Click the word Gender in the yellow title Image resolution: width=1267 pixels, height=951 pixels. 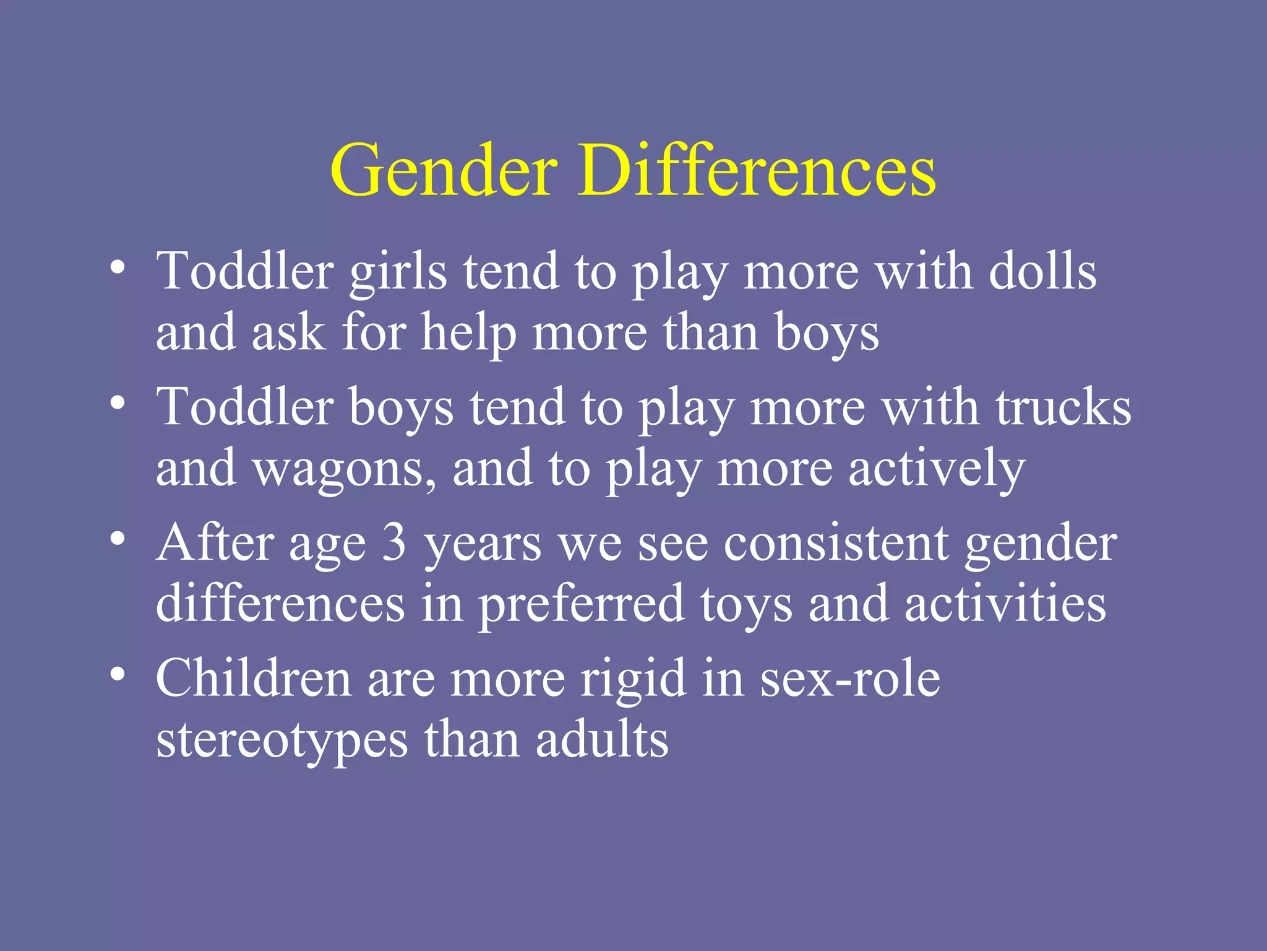[444, 171]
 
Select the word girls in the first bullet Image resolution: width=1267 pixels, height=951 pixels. [398, 272]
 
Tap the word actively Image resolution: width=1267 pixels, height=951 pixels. [937, 469]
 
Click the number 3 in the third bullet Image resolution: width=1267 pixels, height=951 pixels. [394, 542]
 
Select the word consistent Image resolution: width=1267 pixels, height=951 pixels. [836, 542]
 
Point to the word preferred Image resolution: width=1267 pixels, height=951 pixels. [582, 604]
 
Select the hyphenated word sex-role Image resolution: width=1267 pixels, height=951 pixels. [850, 678]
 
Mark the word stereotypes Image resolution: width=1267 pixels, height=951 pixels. [282, 740]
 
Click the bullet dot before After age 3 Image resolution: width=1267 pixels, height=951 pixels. [118, 538]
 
